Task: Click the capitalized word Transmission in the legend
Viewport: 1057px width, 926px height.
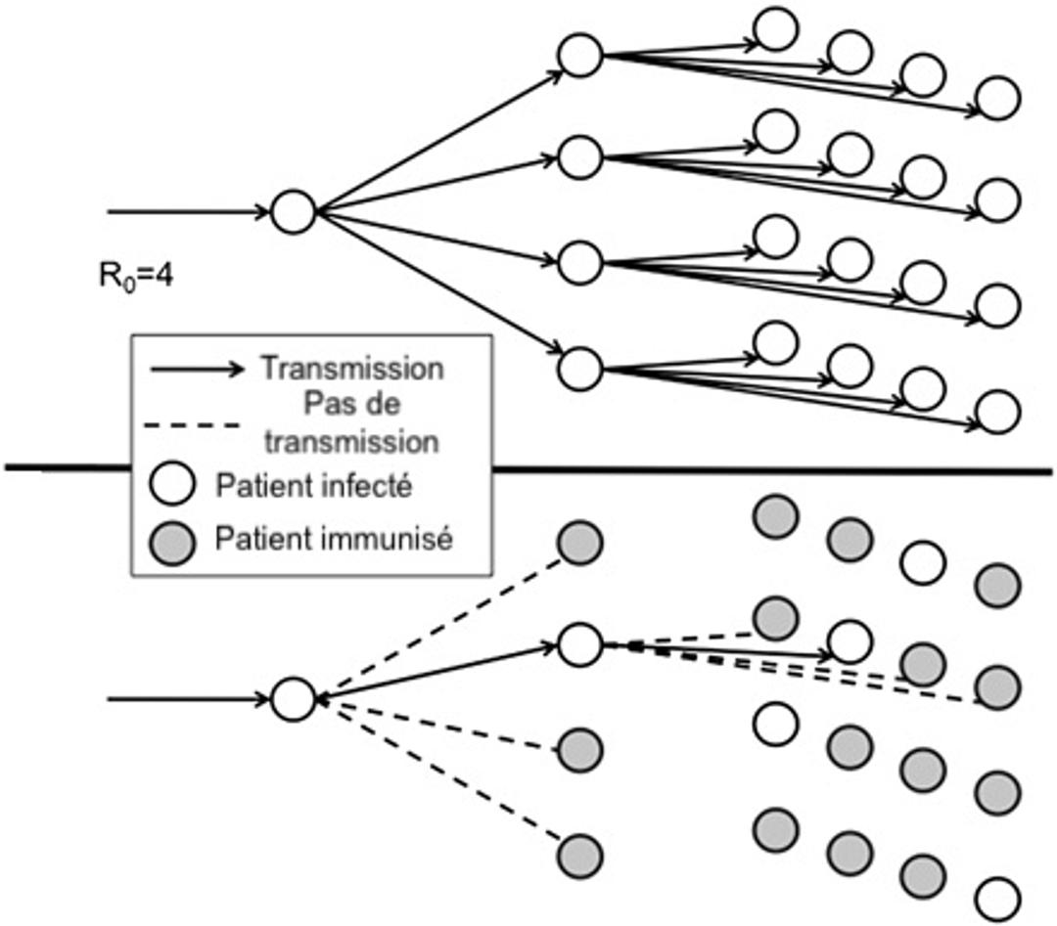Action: (351, 369)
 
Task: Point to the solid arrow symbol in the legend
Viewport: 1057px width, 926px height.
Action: (196, 370)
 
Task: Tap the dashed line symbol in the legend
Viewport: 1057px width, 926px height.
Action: (192, 425)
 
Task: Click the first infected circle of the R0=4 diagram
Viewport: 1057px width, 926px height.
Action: (293, 212)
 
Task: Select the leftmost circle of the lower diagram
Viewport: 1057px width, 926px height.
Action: (293, 698)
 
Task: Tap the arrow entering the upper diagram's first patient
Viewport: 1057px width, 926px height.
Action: (186, 211)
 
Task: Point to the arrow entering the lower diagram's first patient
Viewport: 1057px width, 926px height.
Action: (186, 698)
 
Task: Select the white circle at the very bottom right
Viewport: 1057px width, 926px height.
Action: (998, 899)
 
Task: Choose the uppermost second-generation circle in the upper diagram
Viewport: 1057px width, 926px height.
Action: (580, 56)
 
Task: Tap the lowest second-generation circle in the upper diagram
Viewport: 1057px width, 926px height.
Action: (580, 367)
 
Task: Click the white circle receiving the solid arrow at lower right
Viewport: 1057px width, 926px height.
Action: (849, 641)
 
